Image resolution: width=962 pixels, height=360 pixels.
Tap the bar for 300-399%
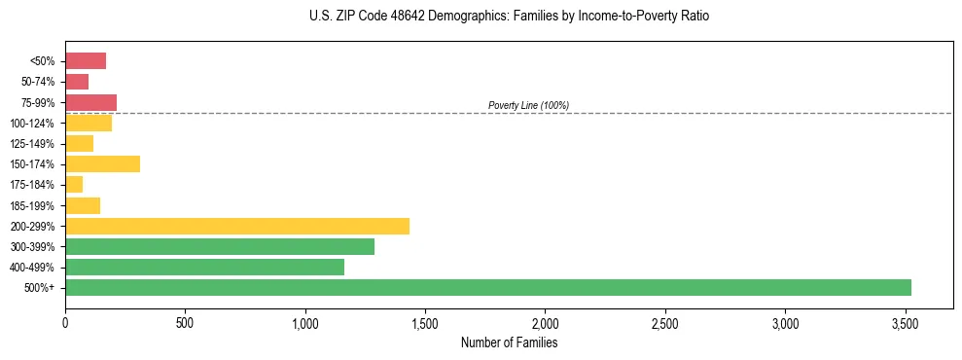[220, 246]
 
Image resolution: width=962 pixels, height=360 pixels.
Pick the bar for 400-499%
[204, 267]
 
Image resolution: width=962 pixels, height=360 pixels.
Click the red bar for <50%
[86, 61]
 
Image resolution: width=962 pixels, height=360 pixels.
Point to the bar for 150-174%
[103, 163]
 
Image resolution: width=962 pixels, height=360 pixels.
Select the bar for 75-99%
[90, 102]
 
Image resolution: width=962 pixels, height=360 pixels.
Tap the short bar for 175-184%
[74, 184]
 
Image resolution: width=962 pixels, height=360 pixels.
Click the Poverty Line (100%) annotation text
[528, 105]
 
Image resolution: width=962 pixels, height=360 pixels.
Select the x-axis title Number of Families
[509, 342]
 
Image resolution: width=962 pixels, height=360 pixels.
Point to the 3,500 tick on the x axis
[906, 322]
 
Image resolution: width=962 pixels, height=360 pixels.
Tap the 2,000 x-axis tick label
[546, 322]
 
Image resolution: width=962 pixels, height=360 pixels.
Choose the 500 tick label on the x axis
[185, 322]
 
